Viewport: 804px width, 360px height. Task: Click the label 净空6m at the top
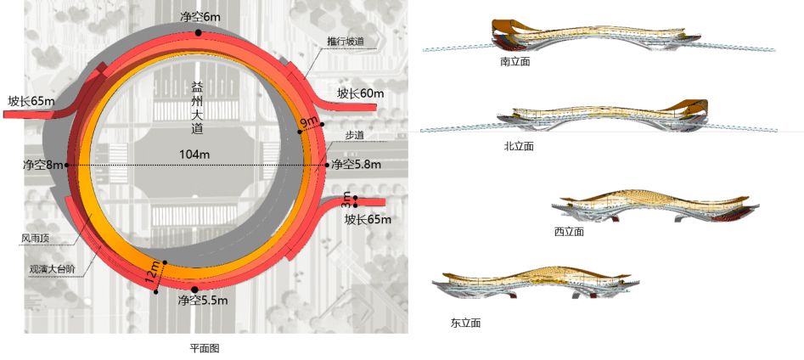[200, 17]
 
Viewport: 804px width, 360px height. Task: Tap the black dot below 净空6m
[198, 32]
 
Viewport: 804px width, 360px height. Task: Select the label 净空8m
[42, 165]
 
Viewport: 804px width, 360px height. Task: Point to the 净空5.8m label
[356, 164]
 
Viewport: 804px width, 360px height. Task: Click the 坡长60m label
[360, 93]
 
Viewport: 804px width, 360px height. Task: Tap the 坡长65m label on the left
[31, 101]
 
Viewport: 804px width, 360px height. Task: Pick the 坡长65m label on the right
[368, 219]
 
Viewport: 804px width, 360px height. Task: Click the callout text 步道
[355, 134]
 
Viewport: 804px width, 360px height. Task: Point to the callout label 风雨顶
[37, 239]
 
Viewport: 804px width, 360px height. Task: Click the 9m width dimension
[309, 124]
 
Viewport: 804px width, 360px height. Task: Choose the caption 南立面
[515, 62]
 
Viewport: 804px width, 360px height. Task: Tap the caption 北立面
[518, 146]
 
